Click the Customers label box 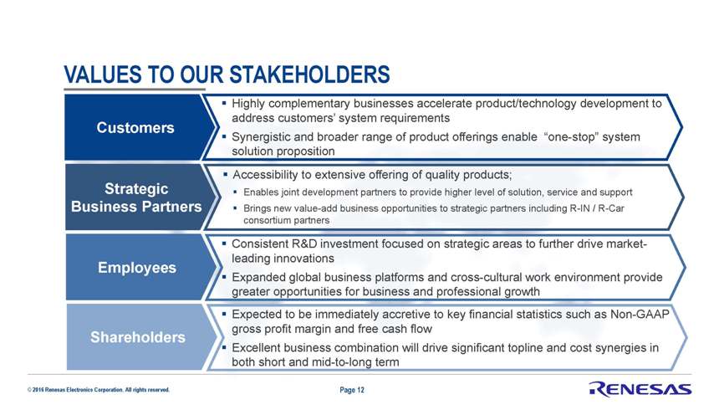[138, 127]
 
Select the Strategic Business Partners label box [139, 197]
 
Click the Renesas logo [640, 389]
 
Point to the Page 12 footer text [352, 390]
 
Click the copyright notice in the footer [98, 390]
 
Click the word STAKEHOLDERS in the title [309, 74]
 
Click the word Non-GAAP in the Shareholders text [640, 314]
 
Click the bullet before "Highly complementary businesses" [224, 103]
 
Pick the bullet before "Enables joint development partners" [236, 192]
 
